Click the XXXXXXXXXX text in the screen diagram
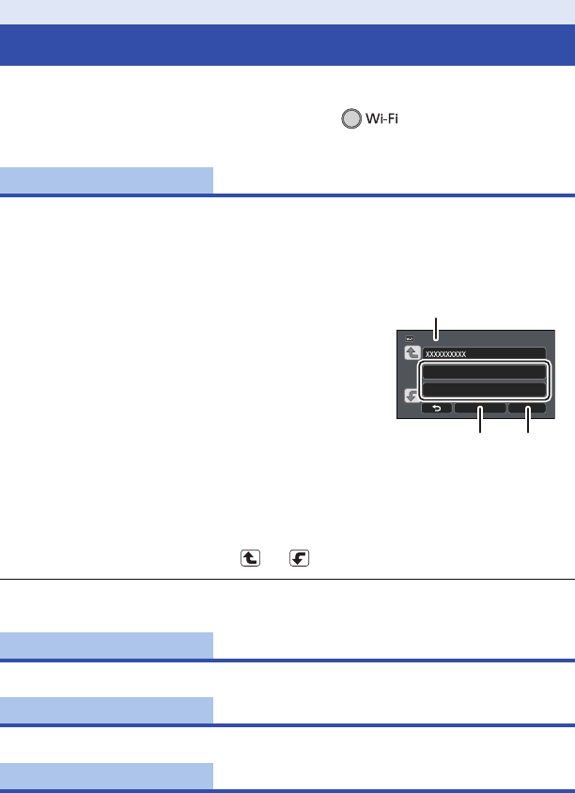point(445,354)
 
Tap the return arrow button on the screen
point(436,409)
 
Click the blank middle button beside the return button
point(479,409)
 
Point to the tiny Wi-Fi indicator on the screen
point(411,339)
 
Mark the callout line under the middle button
point(480,422)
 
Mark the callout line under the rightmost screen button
point(528,422)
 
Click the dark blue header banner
point(287,45)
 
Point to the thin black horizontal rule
point(287,580)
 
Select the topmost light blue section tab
point(106,179)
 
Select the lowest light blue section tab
point(106,775)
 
